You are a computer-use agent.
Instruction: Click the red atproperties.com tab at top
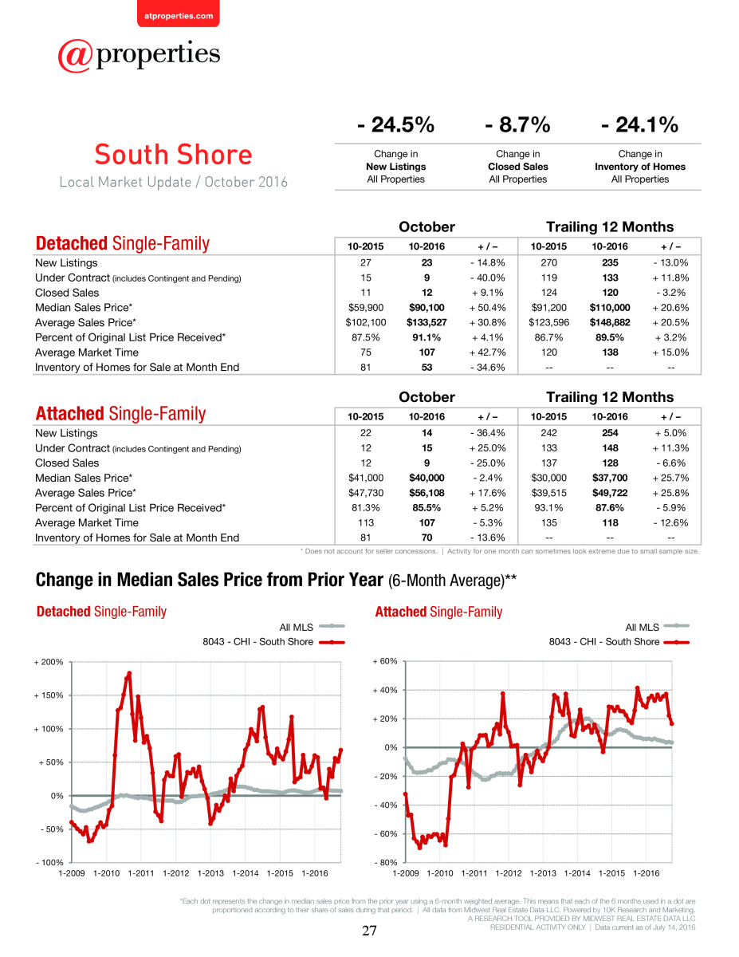(179, 14)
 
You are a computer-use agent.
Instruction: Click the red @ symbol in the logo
(75, 56)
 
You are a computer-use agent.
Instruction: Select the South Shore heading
(174, 155)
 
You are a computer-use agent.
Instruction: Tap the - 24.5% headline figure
(395, 124)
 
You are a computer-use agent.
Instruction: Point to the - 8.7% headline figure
(517, 124)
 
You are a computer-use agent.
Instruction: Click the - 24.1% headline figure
(639, 124)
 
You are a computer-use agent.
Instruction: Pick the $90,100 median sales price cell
(426, 307)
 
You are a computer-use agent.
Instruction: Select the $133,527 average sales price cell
(426, 322)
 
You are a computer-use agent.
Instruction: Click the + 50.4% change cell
(487, 307)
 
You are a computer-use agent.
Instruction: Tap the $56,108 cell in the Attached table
(426, 493)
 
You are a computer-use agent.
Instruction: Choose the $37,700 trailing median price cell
(610, 478)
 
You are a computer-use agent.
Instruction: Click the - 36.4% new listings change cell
(487, 433)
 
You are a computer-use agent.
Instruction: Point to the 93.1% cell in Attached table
(548, 508)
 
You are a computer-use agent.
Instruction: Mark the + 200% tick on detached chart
(49, 662)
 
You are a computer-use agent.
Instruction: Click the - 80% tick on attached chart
(386, 862)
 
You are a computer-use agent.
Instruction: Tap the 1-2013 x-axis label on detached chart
(210, 873)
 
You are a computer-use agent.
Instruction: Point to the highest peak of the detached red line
(129, 673)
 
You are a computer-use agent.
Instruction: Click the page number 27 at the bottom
(369, 931)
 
